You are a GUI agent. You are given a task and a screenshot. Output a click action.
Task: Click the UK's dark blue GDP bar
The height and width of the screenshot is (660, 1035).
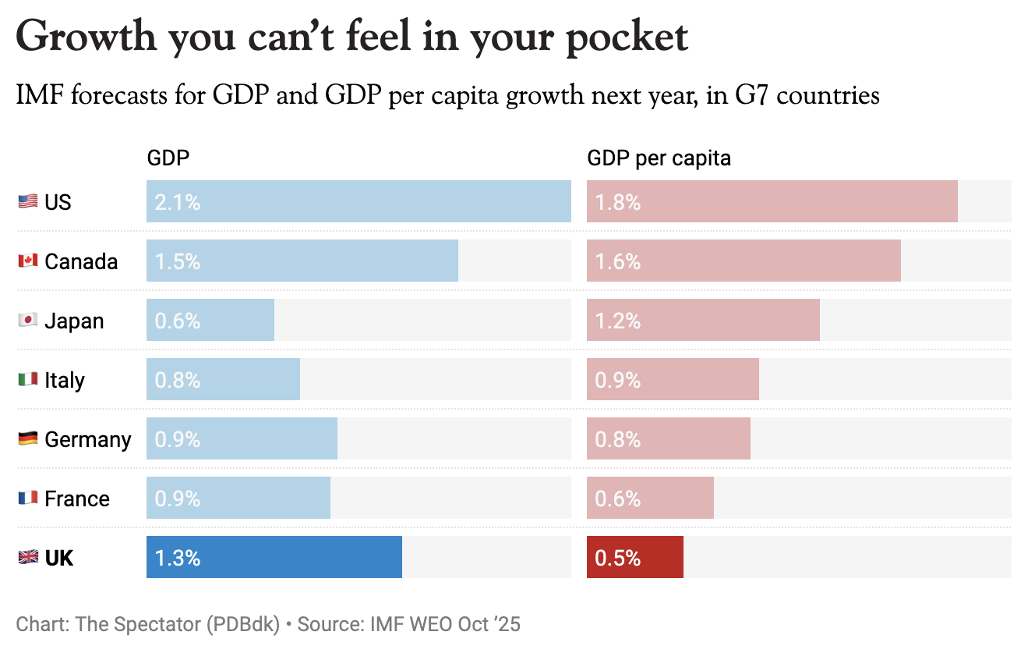pyautogui.click(x=274, y=557)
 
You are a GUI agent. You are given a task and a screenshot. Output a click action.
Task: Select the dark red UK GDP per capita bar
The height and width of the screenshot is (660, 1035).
pyautogui.click(x=635, y=557)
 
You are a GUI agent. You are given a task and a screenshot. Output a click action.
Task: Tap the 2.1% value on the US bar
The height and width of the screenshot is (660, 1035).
pyautogui.click(x=178, y=202)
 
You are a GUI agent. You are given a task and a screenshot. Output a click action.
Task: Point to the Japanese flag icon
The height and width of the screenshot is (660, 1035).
pyautogui.click(x=28, y=321)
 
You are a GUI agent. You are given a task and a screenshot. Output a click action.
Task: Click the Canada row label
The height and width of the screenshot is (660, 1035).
pyautogui.click(x=81, y=261)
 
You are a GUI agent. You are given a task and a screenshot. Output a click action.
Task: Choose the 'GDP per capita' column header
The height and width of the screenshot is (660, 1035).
pyautogui.click(x=659, y=158)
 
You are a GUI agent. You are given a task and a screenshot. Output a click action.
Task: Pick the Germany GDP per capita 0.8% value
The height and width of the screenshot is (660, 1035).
pyautogui.click(x=618, y=439)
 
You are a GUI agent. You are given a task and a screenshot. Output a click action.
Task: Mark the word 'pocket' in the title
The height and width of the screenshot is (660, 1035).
pyautogui.click(x=616, y=37)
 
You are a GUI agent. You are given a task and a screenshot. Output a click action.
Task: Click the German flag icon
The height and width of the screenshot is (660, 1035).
pyautogui.click(x=28, y=439)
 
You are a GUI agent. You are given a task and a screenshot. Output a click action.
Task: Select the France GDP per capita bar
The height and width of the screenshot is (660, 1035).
pyautogui.click(x=650, y=498)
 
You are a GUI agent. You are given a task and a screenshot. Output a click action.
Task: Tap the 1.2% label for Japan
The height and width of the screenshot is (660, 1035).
pyautogui.click(x=618, y=321)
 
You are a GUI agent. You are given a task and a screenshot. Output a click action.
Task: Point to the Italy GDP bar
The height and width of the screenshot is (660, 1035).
pyautogui.click(x=223, y=379)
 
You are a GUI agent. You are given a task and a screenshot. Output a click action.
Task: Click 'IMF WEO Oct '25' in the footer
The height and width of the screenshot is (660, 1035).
pyautogui.click(x=445, y=624)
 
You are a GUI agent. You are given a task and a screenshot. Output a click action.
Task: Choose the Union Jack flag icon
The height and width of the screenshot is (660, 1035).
pyautogui.click(x=28, y=557)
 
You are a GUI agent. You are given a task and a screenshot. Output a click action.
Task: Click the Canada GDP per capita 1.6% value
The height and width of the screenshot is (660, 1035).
pyautogui.click(x=618, y=261)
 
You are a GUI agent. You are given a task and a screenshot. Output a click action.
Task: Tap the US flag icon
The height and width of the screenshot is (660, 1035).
pyautogui.click(x=28, y=202)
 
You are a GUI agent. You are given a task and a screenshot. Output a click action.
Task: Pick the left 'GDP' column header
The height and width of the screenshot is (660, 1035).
pyautogui.click(x=168, y=158)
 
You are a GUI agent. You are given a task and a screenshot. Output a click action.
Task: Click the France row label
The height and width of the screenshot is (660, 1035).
pyautogui.click(x=77, y=499)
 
